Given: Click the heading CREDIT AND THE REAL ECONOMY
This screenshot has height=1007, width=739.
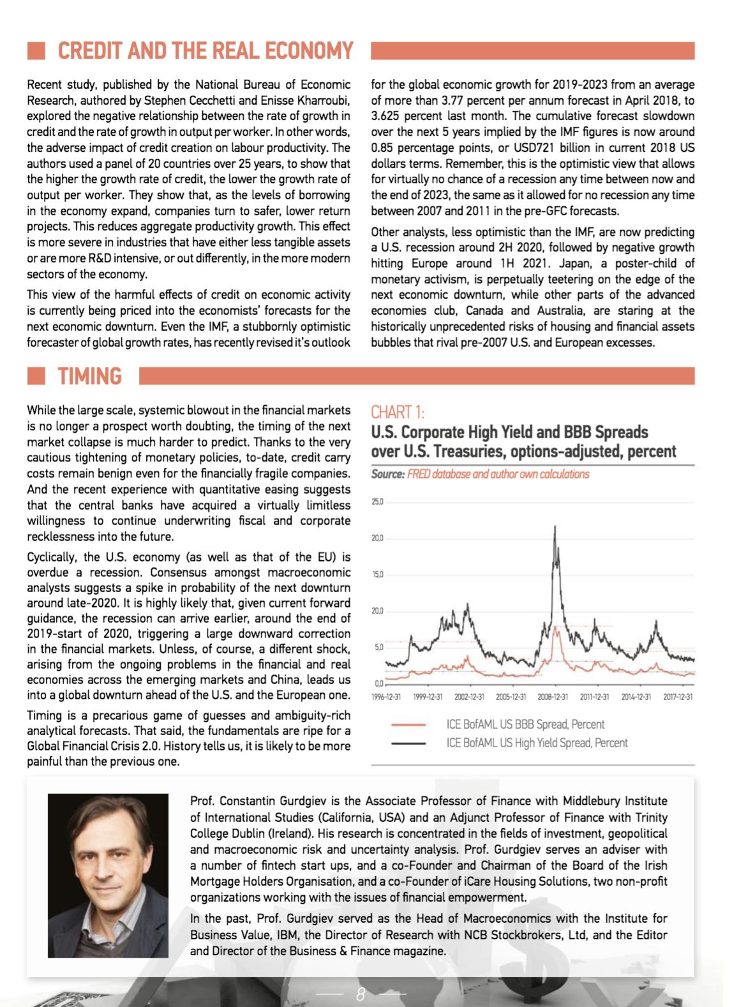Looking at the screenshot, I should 205,51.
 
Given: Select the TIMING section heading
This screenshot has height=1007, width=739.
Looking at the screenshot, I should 89,377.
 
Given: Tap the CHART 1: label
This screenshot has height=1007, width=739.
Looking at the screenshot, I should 397,412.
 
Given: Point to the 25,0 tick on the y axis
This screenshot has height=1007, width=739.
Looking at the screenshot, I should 377,502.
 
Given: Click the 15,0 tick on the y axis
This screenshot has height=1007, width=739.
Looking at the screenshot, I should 377,574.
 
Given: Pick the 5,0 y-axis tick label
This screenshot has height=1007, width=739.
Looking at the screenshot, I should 378,647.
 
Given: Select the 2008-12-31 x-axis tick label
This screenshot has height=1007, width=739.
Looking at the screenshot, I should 553,697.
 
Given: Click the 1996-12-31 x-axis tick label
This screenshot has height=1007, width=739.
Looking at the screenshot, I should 386,697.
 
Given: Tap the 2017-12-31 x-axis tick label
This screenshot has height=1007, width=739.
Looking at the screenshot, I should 678,697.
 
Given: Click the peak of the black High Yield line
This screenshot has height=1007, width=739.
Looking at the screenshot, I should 555,526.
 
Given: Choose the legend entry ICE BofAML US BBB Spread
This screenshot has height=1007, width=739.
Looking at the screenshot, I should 525,724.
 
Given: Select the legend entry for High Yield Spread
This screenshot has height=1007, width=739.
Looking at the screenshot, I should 537,743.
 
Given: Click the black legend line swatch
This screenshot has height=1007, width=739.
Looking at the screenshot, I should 408,743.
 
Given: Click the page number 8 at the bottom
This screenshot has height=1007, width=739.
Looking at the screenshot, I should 361,994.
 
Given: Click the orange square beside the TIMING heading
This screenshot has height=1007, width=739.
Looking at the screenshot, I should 36,377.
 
